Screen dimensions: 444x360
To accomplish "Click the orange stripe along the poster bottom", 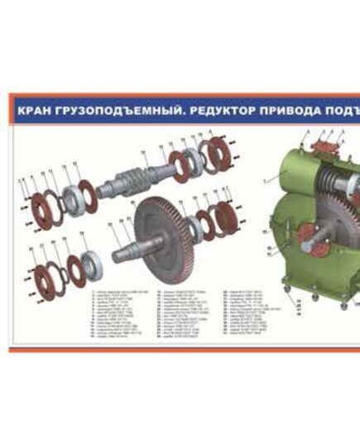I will pyautogui.click(x=182, y=350).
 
